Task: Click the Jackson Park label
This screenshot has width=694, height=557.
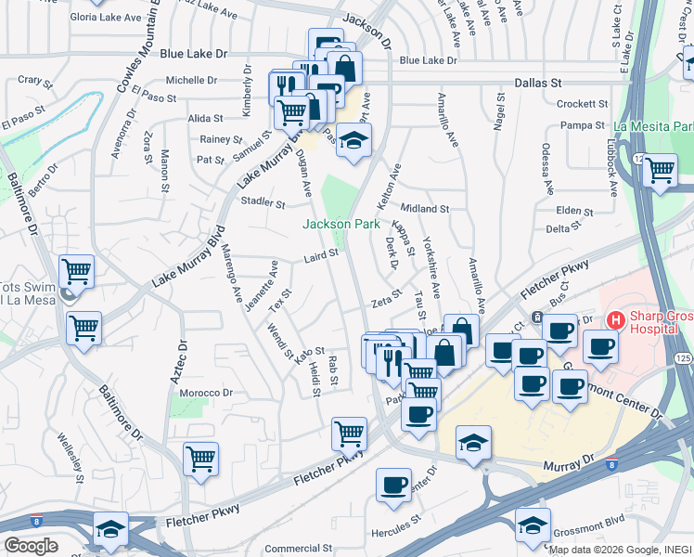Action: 341,224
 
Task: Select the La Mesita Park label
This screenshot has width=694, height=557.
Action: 653,126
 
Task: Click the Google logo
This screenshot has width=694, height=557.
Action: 31,545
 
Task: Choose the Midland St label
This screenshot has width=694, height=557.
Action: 424,209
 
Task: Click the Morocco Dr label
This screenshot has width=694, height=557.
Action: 204,393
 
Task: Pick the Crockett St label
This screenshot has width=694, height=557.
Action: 583,104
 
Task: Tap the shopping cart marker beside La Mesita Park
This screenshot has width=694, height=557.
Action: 660,171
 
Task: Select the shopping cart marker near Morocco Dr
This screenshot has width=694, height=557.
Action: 200,459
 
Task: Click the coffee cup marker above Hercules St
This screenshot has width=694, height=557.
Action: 393,485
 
